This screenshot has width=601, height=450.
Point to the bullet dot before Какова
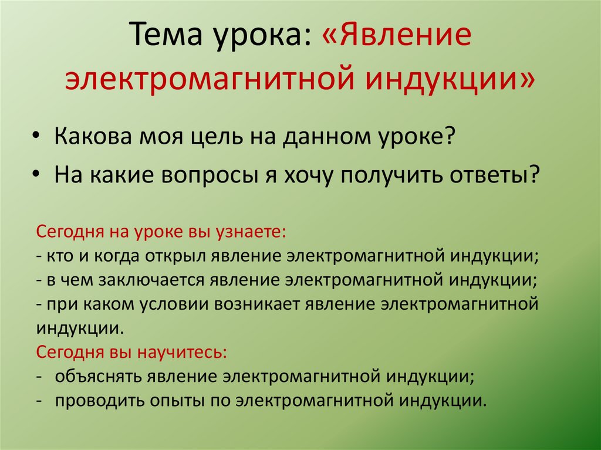(37, 137)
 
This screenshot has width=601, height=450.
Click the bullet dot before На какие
(37, 174)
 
